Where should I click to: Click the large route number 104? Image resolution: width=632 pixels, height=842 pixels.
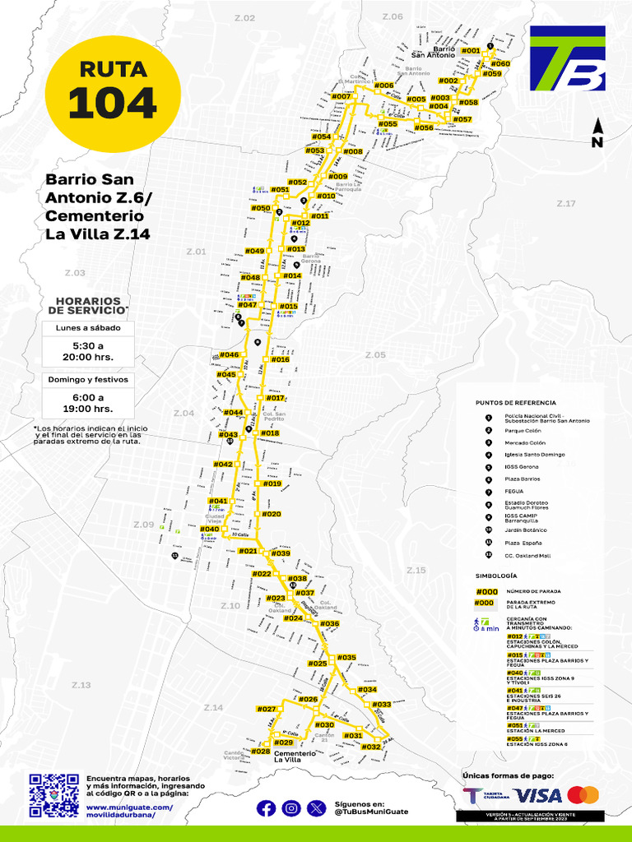click(112, 103)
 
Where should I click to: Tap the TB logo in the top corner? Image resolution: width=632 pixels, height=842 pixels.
click(568, 58)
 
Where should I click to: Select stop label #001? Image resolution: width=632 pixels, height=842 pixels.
click(470, 51)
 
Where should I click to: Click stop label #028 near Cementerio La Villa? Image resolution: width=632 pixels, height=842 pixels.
click(261, 752)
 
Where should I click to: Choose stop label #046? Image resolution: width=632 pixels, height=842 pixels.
click(229, 355)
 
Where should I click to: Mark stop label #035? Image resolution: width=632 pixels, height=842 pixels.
click(346, 658)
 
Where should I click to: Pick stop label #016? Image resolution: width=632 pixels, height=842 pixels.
click(280, 359)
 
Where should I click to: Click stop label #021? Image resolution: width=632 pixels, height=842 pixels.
click(248, 551)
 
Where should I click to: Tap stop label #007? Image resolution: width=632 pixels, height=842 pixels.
click(341, 97)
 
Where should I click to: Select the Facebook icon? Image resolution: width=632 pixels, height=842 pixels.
click(267, 808)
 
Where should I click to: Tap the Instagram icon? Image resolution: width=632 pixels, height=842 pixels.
click(291, 808)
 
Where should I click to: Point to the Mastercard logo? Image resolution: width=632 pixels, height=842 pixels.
click(583, 795)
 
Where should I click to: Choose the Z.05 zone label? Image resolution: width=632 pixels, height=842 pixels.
click(375, 355)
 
